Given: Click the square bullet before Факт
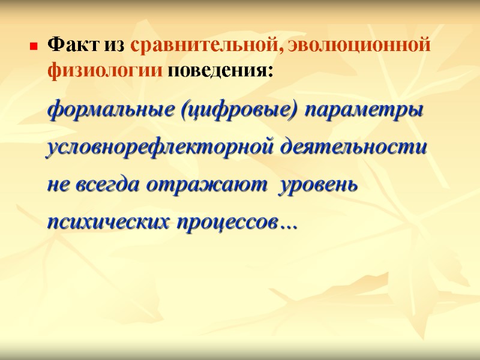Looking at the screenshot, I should click(34, 46).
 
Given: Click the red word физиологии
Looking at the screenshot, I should click(104, 71).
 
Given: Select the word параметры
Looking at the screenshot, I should click(364, 111).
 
